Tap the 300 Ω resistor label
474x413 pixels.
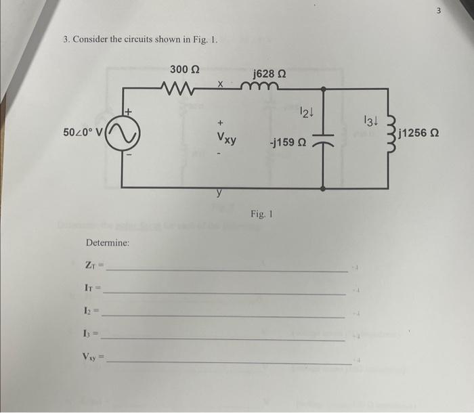coord(184,69)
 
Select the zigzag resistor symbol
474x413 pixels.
coord(180,87)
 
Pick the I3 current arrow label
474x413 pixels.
coord(368,121)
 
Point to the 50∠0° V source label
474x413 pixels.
coord(83,131)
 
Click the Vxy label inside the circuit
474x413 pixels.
coord(226,139)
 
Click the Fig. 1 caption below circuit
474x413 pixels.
coord(261,215)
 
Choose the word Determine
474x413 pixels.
coord(108,242)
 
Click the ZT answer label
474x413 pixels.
coord(93,267)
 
